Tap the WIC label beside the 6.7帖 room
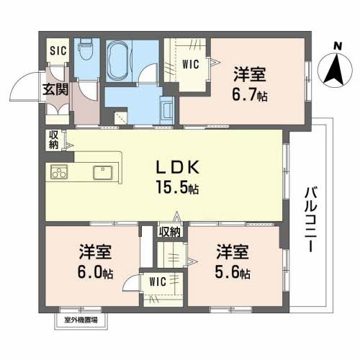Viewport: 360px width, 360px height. point(190,64)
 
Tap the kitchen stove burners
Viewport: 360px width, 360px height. point(58,172)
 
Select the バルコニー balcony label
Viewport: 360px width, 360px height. point(311,217)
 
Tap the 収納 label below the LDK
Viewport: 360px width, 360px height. point(169,232)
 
